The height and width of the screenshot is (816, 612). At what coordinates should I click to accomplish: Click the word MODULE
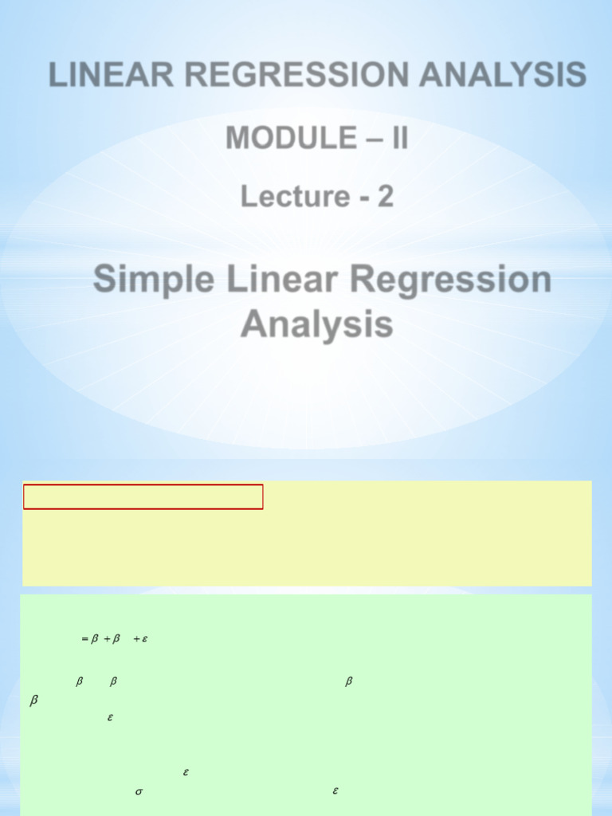291,138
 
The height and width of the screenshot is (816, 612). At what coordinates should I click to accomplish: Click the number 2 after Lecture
385,196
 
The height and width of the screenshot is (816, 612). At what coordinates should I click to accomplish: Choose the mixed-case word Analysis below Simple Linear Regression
316,325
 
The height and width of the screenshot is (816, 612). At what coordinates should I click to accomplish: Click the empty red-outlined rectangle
143,496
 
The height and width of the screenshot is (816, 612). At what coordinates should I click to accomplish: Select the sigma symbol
138,792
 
